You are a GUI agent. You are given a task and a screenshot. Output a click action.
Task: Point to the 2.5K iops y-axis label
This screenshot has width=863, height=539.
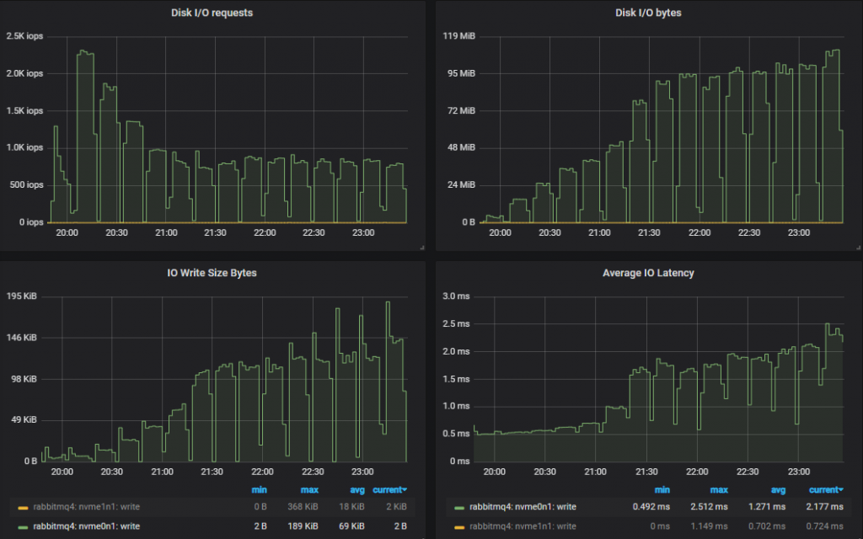click(x=24, y=36)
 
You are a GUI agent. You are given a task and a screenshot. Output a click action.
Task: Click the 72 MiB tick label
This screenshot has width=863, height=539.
click(x=461, y=111)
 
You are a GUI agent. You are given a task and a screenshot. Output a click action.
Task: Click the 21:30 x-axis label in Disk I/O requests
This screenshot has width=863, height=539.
click(x=215, y=232)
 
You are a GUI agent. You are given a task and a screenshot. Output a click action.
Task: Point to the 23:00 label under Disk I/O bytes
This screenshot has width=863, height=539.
click(x=798, y=232)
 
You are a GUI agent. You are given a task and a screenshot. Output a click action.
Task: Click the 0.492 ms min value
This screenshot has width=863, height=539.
click(x=651, y=507)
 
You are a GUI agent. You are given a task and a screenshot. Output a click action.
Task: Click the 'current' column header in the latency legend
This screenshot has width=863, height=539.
click(x=825, y=489)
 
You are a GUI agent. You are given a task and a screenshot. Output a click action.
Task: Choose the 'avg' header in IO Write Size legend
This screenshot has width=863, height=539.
click(x=356, y=489)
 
